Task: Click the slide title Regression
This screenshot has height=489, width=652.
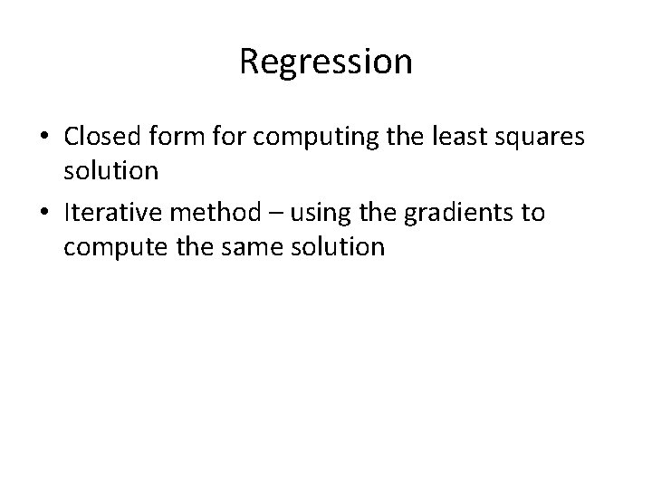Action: [326, 62]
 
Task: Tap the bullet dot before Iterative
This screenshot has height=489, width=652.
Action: [44, 213]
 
